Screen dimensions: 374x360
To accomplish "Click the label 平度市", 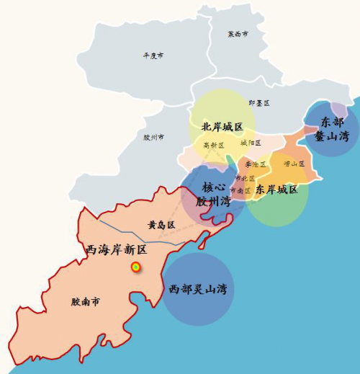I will click(153, 55).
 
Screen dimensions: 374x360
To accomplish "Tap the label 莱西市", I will click(238, 34).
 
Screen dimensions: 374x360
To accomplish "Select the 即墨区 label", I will click(258, 103).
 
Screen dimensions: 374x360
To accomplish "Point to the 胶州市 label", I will click(154, 136).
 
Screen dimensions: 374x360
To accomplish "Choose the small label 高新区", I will click(214, 145).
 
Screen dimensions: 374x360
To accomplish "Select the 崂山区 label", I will click(294, 164).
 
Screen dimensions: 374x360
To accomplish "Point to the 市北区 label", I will click(245, 177).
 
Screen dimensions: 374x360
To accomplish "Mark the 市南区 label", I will click(240, 190).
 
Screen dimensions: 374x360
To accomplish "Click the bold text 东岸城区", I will click(276, 189).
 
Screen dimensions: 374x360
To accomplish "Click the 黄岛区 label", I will click(161, 225).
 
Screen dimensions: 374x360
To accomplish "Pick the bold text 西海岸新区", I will click(116, 249).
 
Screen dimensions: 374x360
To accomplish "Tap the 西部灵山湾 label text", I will click(198, 289).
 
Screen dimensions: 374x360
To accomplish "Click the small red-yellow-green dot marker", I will click(135, 267).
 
